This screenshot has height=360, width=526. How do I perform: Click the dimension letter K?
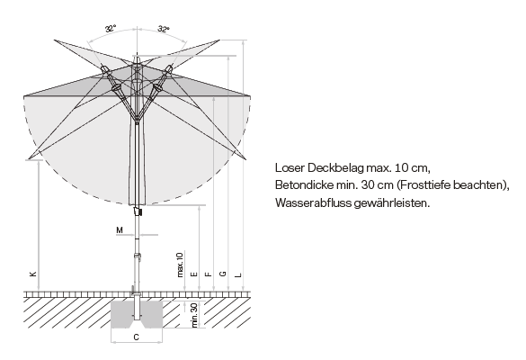[x=33, y=274]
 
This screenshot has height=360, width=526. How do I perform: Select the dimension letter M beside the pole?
[x=120, y=230]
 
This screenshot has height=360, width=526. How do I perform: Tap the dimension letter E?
[x=194, y=274]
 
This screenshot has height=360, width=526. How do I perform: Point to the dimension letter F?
[x=209, y=274]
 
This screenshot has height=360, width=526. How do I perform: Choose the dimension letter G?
[x=223, y=274]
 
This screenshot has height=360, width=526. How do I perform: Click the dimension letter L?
[x=238, y=275]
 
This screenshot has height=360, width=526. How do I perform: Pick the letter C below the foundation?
[x=136, y=337]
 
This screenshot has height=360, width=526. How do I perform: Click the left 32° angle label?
[x=111, y=29]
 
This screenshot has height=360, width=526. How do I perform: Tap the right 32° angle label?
[x=164, y=29]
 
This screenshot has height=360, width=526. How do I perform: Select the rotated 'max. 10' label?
[x=180, y=265]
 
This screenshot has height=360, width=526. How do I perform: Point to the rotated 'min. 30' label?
[x=194, y=315]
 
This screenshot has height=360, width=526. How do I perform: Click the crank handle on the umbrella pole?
[x=138, y=211]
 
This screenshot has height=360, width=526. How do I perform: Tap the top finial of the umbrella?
[x=137, y=59]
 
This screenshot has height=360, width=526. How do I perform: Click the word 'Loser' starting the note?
[x=290, y=167]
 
